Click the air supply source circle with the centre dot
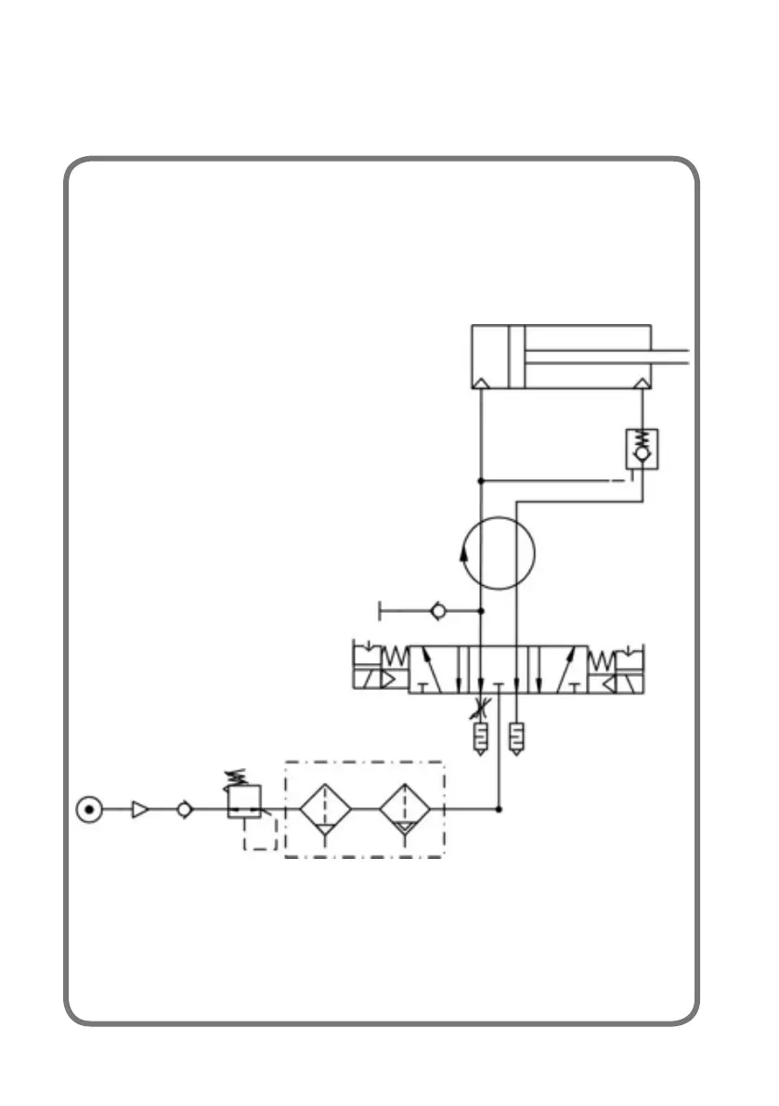click(88, 810)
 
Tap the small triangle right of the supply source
click(139, 810)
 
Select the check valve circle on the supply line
click(184, 810)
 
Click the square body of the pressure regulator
click(244, 801)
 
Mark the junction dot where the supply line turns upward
click(500, 810)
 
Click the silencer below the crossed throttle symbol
click(480, 739)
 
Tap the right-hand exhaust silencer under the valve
click(516, 739)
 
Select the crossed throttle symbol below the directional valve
click(480, 709)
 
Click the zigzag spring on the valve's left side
click(396, 657)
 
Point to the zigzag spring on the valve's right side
click(601, 657)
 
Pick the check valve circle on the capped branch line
click(439, 611)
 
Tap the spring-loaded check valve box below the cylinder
click(642, 449)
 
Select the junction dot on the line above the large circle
click(481, 481)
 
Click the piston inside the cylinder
click(516, 357)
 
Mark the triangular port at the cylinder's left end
click(481, 383)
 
